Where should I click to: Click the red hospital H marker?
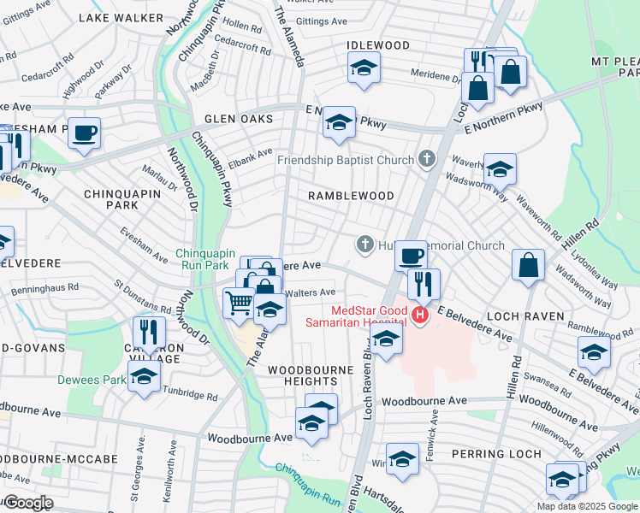click(419, 315)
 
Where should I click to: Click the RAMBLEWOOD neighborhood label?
click(351, 196)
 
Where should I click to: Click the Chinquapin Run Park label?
click(210, 260)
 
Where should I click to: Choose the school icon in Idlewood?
click(364, 68)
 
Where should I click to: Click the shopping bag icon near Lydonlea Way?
click(529, 265)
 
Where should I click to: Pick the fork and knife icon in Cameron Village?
click(149, 331)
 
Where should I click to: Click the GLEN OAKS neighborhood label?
click(238, 120)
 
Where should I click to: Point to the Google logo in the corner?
click(27, 503)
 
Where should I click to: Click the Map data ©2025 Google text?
click(587, 506)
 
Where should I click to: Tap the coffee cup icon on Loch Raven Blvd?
click(411, 255)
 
